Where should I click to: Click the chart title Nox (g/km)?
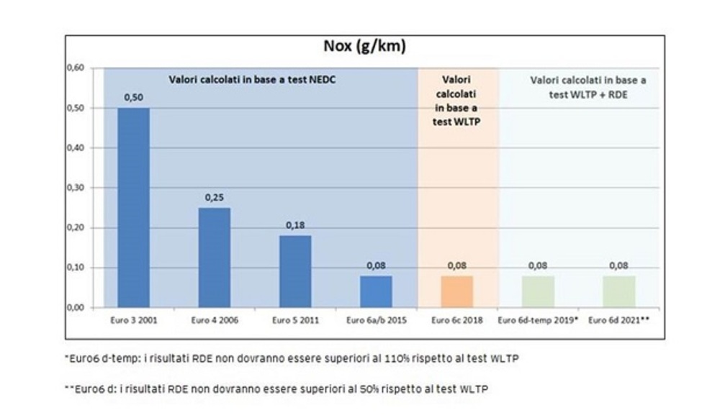[364, 47]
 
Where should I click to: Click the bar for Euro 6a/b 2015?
[376, 291]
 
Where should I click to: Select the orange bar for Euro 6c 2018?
[456, 291]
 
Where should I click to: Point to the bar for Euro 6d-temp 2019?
[538, 291]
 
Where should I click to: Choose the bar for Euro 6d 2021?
[618, 291]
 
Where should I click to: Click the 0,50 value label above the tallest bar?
[133, 98]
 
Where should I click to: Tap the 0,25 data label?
[215, 198]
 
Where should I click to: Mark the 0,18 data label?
[295, 225]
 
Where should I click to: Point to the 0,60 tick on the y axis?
[76, 68]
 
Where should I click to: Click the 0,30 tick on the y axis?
[76, 188]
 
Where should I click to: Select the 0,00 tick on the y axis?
[76, 308]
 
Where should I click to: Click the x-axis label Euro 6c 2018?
[456, 320]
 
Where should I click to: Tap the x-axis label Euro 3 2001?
[133, 320]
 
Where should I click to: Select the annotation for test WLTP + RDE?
[588, 86]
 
